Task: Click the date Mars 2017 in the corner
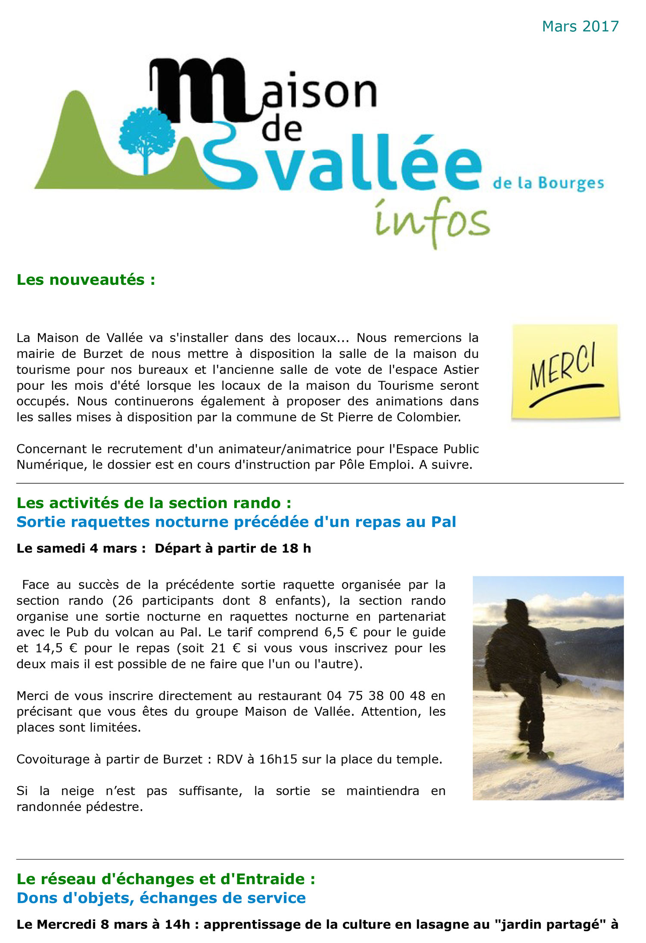580,27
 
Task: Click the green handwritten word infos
432,222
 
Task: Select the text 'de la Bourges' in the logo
548,183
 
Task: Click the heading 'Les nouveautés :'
86,280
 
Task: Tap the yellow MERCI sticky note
565,372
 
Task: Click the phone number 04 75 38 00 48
376,696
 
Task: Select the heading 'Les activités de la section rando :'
154,503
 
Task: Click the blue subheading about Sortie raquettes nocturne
236,522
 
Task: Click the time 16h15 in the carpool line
278,759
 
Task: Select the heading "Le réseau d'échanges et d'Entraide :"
166,879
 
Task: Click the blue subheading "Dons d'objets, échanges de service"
161,898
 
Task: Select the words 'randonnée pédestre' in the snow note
79,807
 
